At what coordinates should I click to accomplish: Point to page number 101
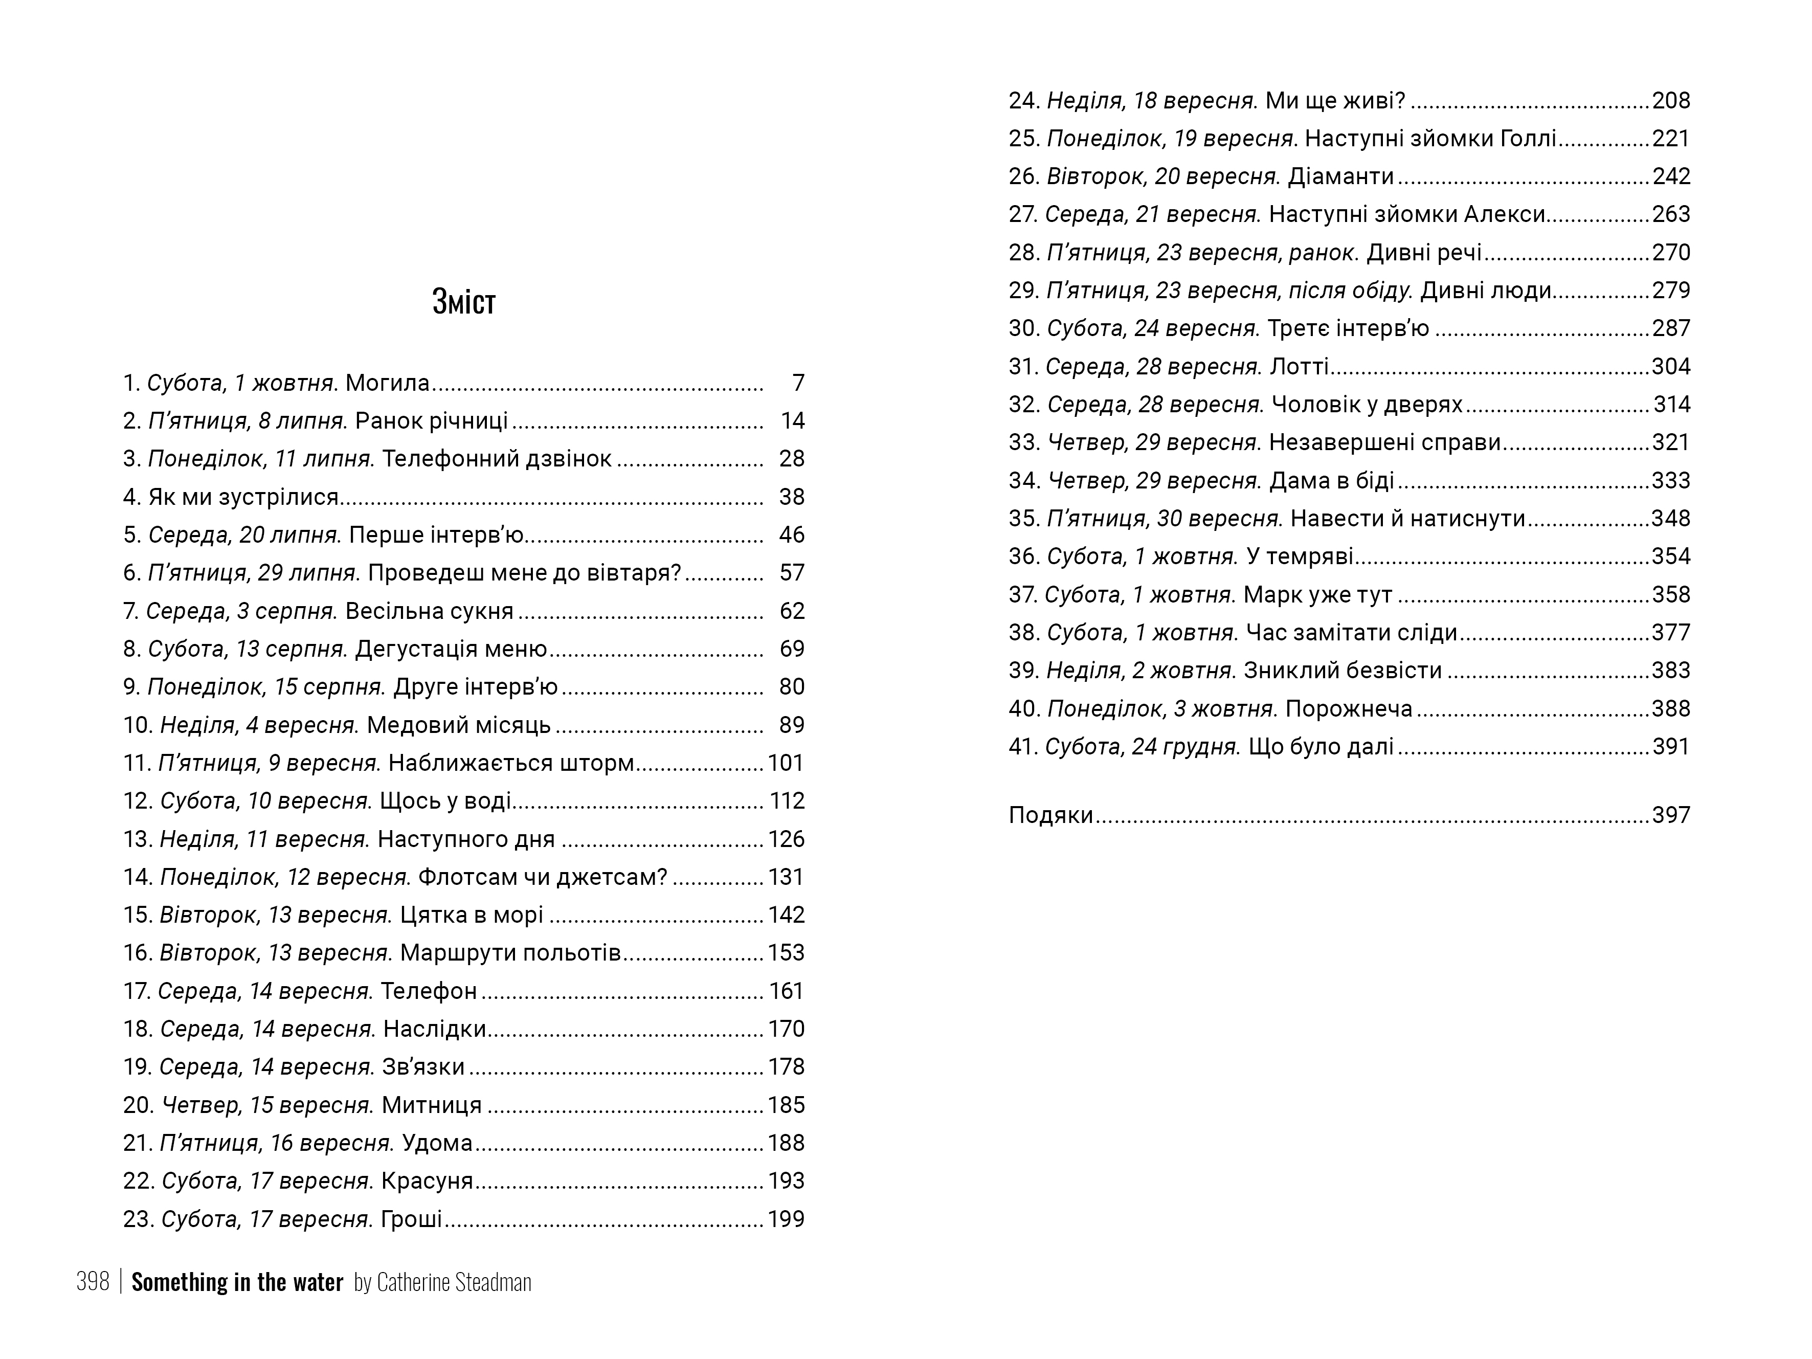pos(786,763)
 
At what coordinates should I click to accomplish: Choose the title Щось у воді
pos(445,800)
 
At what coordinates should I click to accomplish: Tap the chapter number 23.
pos(138,1219)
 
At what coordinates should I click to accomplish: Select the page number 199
pos(786,1219)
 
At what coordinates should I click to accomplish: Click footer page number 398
pos(93,1282)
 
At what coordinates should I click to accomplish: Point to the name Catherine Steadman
pos(454,1282)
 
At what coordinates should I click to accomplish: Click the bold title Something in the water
pos(237,1282)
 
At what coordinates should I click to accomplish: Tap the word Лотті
pos(1299,366)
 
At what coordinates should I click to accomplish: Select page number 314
pos(1671,404)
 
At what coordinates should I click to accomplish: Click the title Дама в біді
pos(1331,480)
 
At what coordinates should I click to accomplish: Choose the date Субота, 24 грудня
pos(1142,746)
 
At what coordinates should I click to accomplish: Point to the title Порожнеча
pos(1348,708)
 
